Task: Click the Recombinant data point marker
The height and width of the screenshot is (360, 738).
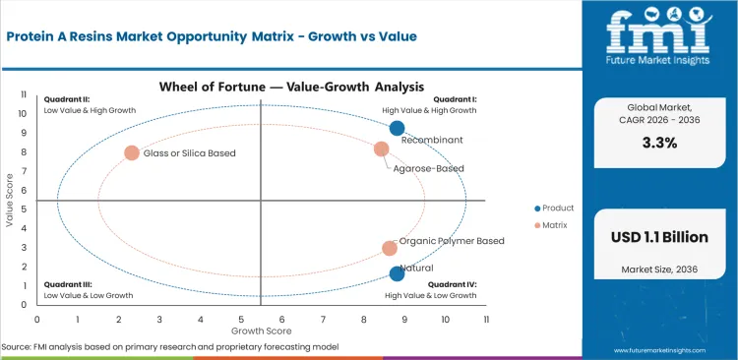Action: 397,128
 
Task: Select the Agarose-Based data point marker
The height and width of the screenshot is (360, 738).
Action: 381,149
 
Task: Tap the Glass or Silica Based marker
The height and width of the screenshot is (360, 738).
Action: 132,153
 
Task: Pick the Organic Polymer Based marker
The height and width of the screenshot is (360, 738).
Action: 390,249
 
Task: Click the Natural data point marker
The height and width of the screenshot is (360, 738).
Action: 397,273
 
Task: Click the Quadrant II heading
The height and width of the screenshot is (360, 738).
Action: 66,99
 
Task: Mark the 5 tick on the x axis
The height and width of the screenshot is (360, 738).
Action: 241,319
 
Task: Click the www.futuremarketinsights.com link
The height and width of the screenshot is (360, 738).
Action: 670,349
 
